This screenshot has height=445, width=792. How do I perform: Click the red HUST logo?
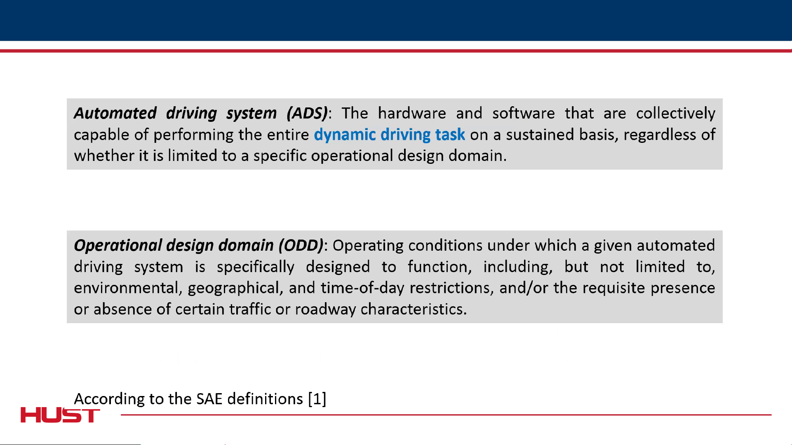click(60, 415)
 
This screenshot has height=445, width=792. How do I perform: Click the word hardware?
click(412, 113)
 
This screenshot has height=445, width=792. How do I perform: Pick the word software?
click(524, 113)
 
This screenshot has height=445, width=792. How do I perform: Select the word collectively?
click(676, 114)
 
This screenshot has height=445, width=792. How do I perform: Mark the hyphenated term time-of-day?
click(363, 288)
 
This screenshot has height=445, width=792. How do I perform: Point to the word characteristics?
click(414, 309)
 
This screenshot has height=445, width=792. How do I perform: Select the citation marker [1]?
click(317, 399)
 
